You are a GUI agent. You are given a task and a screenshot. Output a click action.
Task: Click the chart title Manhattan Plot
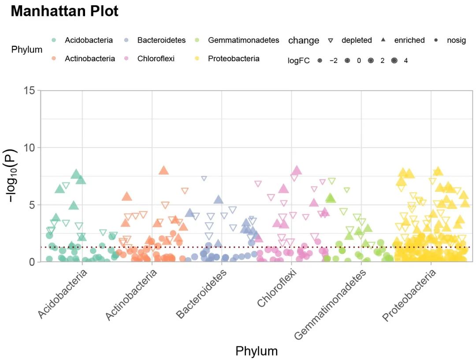[x=64, y=11]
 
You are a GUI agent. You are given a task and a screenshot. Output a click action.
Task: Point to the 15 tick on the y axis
[x=29, y=90]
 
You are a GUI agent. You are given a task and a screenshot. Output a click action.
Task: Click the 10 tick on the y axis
[x=29, y=148]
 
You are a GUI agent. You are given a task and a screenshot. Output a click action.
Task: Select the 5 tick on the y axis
[x=32, y=205]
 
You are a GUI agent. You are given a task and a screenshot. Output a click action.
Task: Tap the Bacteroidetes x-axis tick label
[x=202, y=293]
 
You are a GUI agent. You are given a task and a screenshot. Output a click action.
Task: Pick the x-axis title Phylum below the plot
[x=257, y=351]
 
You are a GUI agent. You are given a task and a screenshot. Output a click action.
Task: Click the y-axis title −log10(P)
[x=14, y=176]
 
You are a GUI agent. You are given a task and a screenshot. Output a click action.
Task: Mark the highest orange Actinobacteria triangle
[x=164, y=171]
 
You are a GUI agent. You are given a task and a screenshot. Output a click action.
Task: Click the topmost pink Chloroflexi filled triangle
[x=297, y=171]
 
